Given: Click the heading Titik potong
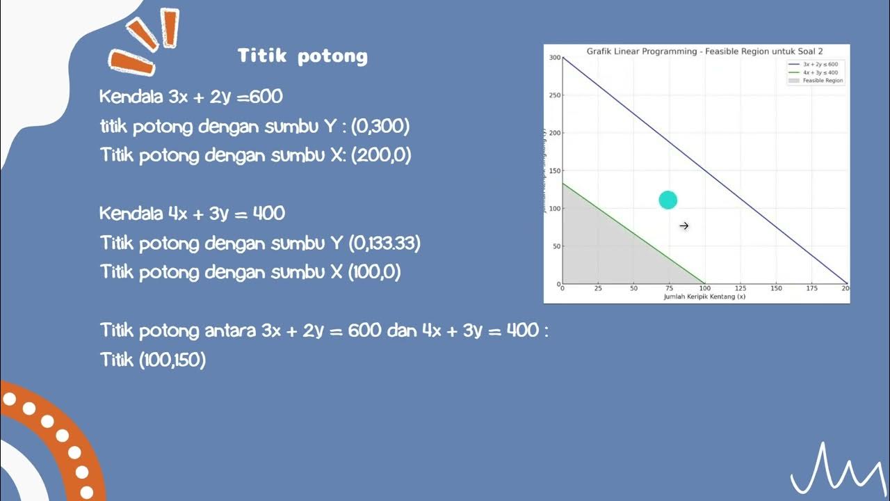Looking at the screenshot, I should coord(302,56).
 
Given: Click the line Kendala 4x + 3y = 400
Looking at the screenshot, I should coord(192,213).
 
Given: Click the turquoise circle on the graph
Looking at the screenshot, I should coord(667,200).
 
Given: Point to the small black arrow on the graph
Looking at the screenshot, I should coord(683,225).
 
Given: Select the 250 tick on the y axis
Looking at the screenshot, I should coord(555,95).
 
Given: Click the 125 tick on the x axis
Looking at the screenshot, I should coord(741,288).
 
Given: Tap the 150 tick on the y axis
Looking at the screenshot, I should coord(555,170).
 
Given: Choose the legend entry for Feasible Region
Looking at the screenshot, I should coord(822,81).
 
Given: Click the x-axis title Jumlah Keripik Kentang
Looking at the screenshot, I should coord(704,296).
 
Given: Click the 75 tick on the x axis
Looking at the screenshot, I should coord(669,288).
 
